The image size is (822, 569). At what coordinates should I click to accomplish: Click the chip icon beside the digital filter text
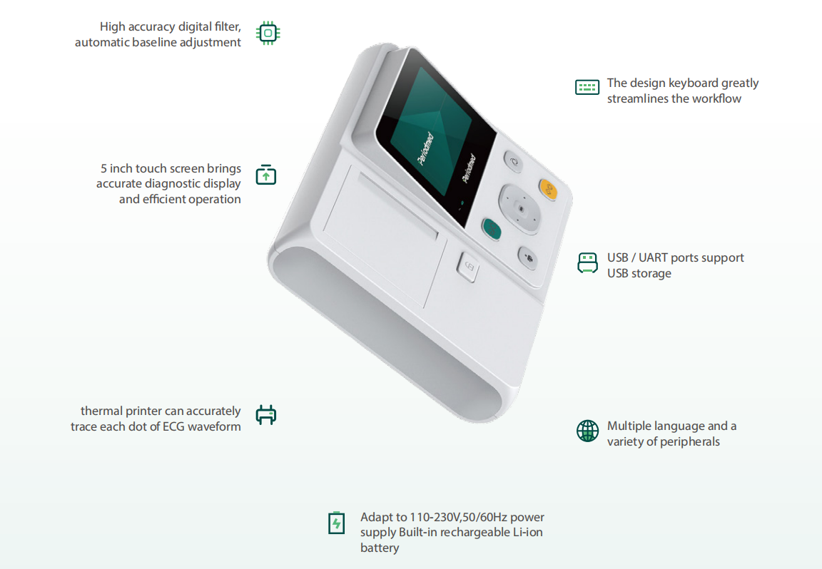(268, 33)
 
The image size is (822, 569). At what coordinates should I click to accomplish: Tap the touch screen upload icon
(265, 175)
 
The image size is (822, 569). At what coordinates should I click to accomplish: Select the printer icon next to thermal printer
(265, 415)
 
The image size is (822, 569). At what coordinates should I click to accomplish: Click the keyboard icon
(587, 87)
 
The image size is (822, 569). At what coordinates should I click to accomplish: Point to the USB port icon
(587, 263)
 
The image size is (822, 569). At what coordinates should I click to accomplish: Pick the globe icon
(587, 431)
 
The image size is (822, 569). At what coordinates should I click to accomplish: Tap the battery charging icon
(336, 523)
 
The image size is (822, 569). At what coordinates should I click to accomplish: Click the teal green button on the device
(492, 229)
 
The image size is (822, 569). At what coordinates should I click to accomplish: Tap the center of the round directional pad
(520, 209)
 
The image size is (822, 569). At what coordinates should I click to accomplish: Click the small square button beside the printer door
(467, 267)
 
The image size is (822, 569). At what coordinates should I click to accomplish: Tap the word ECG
(173, 426)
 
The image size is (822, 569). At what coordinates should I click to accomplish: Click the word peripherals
(690, 442)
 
